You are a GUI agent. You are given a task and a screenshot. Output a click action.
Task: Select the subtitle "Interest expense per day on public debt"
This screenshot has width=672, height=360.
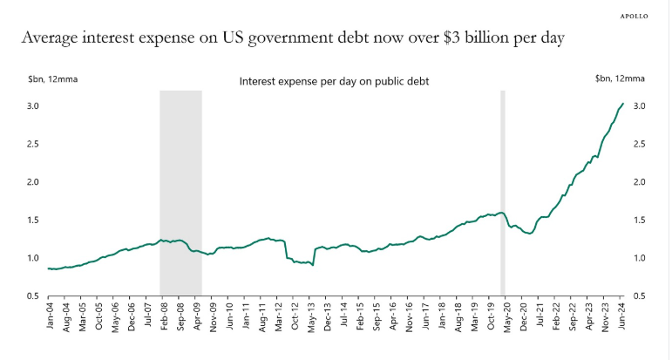click(x=334, y=81)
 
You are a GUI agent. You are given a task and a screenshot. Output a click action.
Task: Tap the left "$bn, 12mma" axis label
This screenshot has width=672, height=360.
click(x=47, y=79)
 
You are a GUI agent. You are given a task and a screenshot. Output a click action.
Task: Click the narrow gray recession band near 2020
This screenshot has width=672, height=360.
click(x=502, y=192)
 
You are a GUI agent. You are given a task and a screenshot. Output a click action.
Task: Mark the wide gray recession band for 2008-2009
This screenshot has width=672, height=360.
click(x=180, y=192)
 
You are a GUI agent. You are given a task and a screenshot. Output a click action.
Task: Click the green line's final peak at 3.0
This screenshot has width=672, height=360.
click(x=622, y=104)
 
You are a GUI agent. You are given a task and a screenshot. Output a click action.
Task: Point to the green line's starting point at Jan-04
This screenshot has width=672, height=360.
click(x=48, y=268)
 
